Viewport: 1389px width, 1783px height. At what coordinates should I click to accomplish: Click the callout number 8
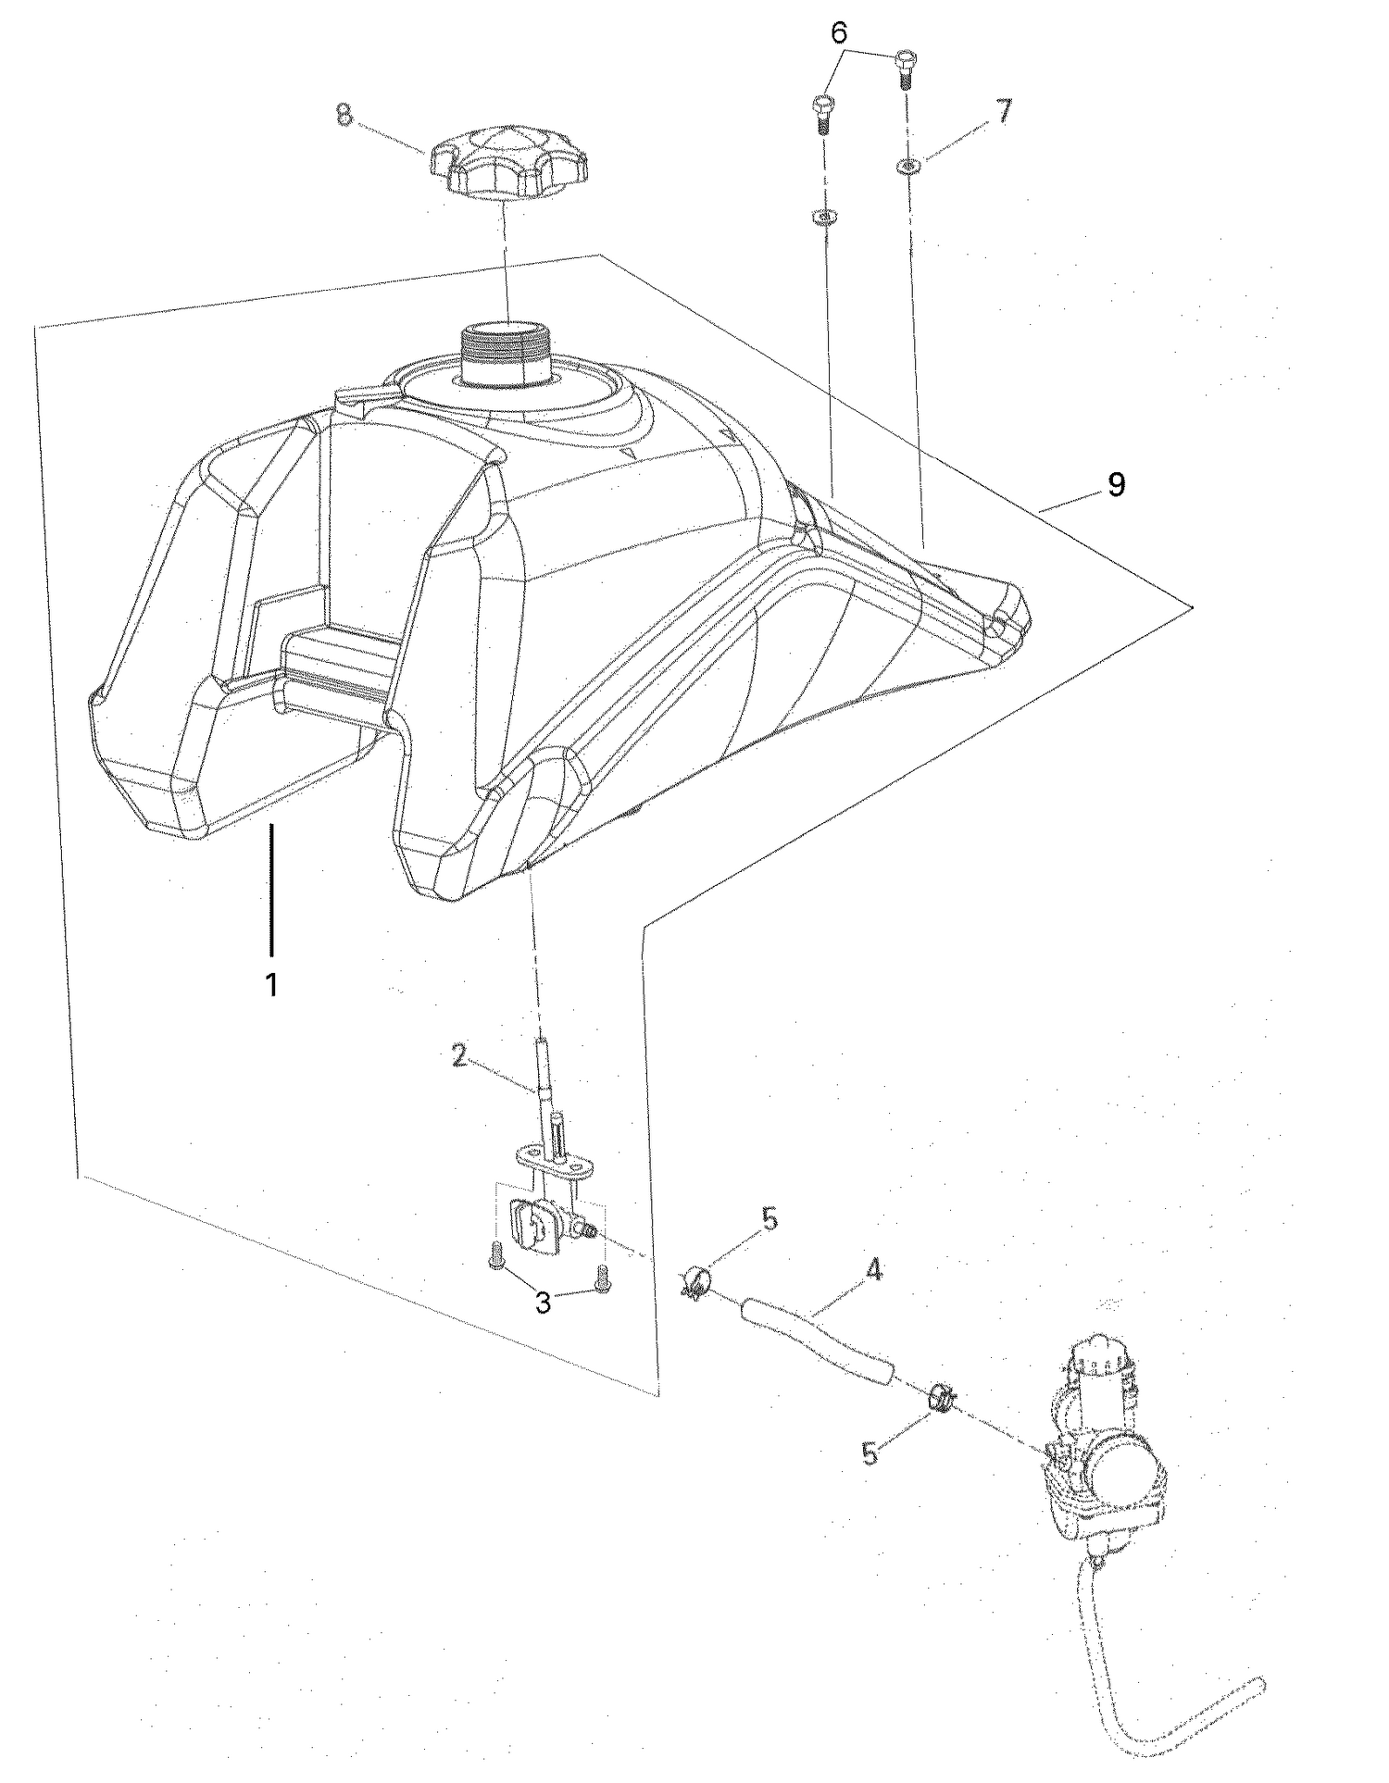coord(344,117)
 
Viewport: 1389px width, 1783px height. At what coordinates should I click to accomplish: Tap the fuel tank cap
coord(508,163)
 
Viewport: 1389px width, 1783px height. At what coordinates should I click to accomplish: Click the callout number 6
coord(838,33)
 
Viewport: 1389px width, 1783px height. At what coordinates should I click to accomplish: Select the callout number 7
coord(1004,112)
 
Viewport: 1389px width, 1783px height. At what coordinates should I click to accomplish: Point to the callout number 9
coord(1116,483)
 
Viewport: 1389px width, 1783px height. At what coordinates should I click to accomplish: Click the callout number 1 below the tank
coord(271,985)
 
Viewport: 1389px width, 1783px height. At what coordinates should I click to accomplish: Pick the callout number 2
coord(459,1056)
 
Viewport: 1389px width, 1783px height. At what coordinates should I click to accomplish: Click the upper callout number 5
coord(770,1219)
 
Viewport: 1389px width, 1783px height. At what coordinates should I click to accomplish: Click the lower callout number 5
coord(870,1453)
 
